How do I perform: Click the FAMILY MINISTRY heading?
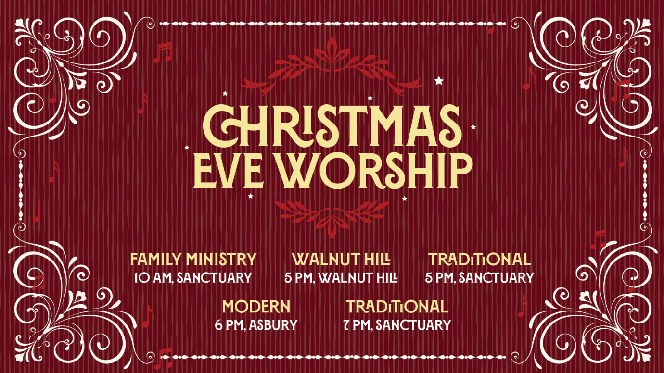click(193, 260)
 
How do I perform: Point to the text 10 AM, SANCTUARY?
click(193, 278)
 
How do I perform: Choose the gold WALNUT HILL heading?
click(341, 260)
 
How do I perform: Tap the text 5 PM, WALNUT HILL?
click(341, 278)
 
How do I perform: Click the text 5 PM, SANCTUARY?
click(479, 278)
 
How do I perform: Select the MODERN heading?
click(256, 307)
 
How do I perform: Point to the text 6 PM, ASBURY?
click(256, 325)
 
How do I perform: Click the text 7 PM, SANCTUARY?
click(397, 325)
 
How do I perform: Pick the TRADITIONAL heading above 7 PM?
click(397, 307)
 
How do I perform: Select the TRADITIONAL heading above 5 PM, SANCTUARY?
click(479, 260)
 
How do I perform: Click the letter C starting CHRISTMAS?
click(219, 126)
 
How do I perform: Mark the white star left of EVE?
click(187, 148)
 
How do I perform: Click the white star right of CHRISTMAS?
click(473, 127)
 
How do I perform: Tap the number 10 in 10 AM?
click(143, 278)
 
